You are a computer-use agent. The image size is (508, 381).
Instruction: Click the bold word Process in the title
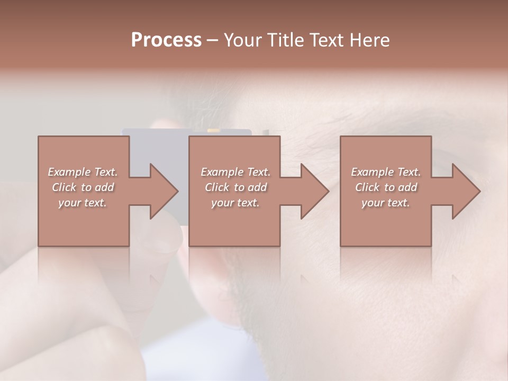pos(166,40)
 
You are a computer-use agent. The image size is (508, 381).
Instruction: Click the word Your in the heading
pos(243,40)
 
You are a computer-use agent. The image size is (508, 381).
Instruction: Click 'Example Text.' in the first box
pos(83,172)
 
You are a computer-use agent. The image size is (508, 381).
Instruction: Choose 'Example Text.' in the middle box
pos(235,172)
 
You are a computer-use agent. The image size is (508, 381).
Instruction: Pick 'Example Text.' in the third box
pos(386,172)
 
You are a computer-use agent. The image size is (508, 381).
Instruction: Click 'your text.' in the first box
pos(83,203)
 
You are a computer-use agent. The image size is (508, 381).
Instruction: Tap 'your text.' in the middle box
pos(235,203)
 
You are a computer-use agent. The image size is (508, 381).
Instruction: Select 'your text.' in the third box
pos(386,203)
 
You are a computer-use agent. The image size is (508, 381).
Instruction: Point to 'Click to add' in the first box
pos(83,187)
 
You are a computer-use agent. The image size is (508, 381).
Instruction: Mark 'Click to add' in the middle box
pos(235,187)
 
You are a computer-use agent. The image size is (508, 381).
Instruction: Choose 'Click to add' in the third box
pos(386,187)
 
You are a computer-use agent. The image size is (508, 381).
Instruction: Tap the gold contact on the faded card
pos(214,130)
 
